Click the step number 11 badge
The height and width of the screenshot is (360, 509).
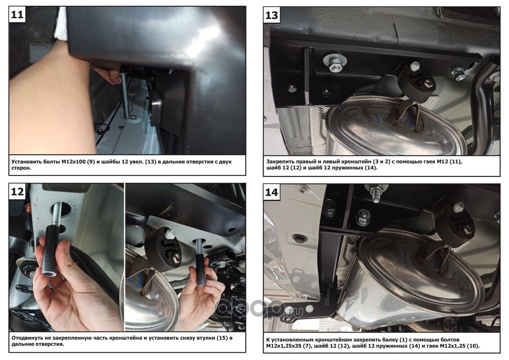[x=17, y=14]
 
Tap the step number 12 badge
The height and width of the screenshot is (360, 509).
[x=17, y=192]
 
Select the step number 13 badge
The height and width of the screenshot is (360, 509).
[x=272, y=15]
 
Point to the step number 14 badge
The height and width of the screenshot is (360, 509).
[x=272, y=192]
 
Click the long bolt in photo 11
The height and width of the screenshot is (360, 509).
[x=125, y=95]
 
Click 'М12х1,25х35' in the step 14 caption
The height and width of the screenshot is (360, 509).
[x=281, y=346]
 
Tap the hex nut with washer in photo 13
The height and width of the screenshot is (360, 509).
[x=335, y=62]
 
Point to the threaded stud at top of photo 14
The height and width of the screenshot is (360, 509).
[x=376, y=193]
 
